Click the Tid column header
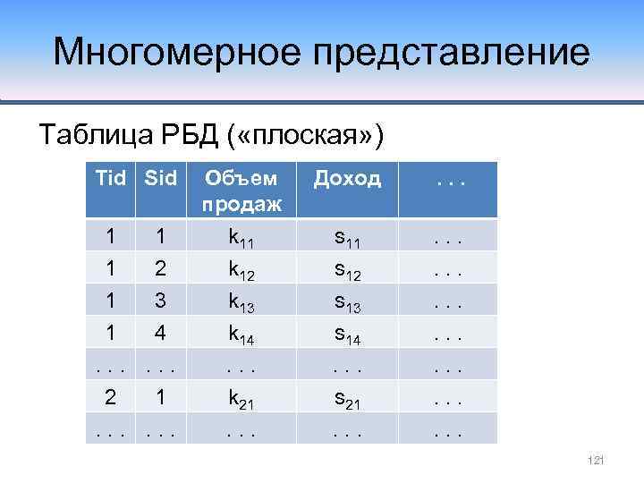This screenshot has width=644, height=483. (x=110, y=178)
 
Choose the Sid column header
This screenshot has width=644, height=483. (x=159, y=178)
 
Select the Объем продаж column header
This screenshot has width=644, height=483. (x=241, y=190)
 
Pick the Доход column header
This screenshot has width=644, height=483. (x=348, y=178)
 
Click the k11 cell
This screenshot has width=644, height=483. (x=241, y=237)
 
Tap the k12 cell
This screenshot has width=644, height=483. (x=241, y=268)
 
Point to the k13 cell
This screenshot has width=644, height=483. (x=241, y=301)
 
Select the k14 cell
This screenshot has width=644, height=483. (x=241, y=333)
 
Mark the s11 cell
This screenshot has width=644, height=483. (x=348, y=237)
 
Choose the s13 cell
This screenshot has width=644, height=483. (x=348, y=301)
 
